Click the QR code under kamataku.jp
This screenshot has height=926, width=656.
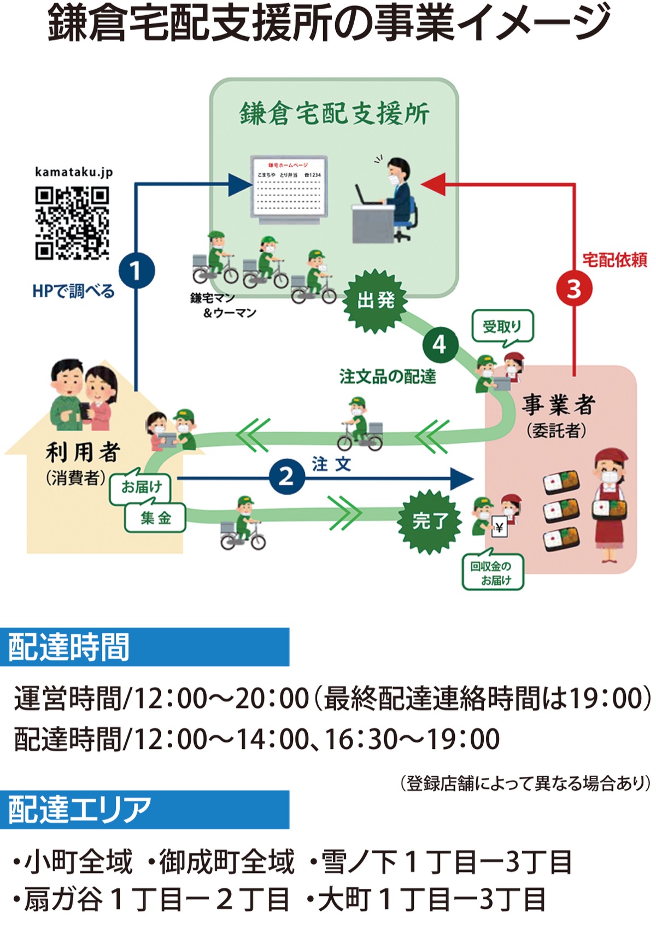72,222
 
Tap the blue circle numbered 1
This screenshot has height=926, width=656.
137,271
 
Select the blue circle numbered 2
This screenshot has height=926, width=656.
286,477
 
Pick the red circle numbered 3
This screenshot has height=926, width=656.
573,289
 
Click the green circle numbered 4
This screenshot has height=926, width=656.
440,345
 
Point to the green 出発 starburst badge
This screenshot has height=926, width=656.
376,300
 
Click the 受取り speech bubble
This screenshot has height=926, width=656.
502,327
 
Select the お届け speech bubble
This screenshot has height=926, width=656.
141,486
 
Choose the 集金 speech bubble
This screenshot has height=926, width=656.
155,518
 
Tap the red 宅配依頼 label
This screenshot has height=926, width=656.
614,260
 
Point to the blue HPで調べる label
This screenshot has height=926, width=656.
73,291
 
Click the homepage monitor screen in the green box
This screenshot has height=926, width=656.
289,186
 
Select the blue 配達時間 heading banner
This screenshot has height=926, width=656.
144,647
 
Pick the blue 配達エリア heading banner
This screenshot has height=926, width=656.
144,810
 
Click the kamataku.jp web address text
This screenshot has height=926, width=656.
74,172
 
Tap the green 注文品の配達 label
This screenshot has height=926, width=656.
388,377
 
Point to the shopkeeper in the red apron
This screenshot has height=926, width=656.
611,503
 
